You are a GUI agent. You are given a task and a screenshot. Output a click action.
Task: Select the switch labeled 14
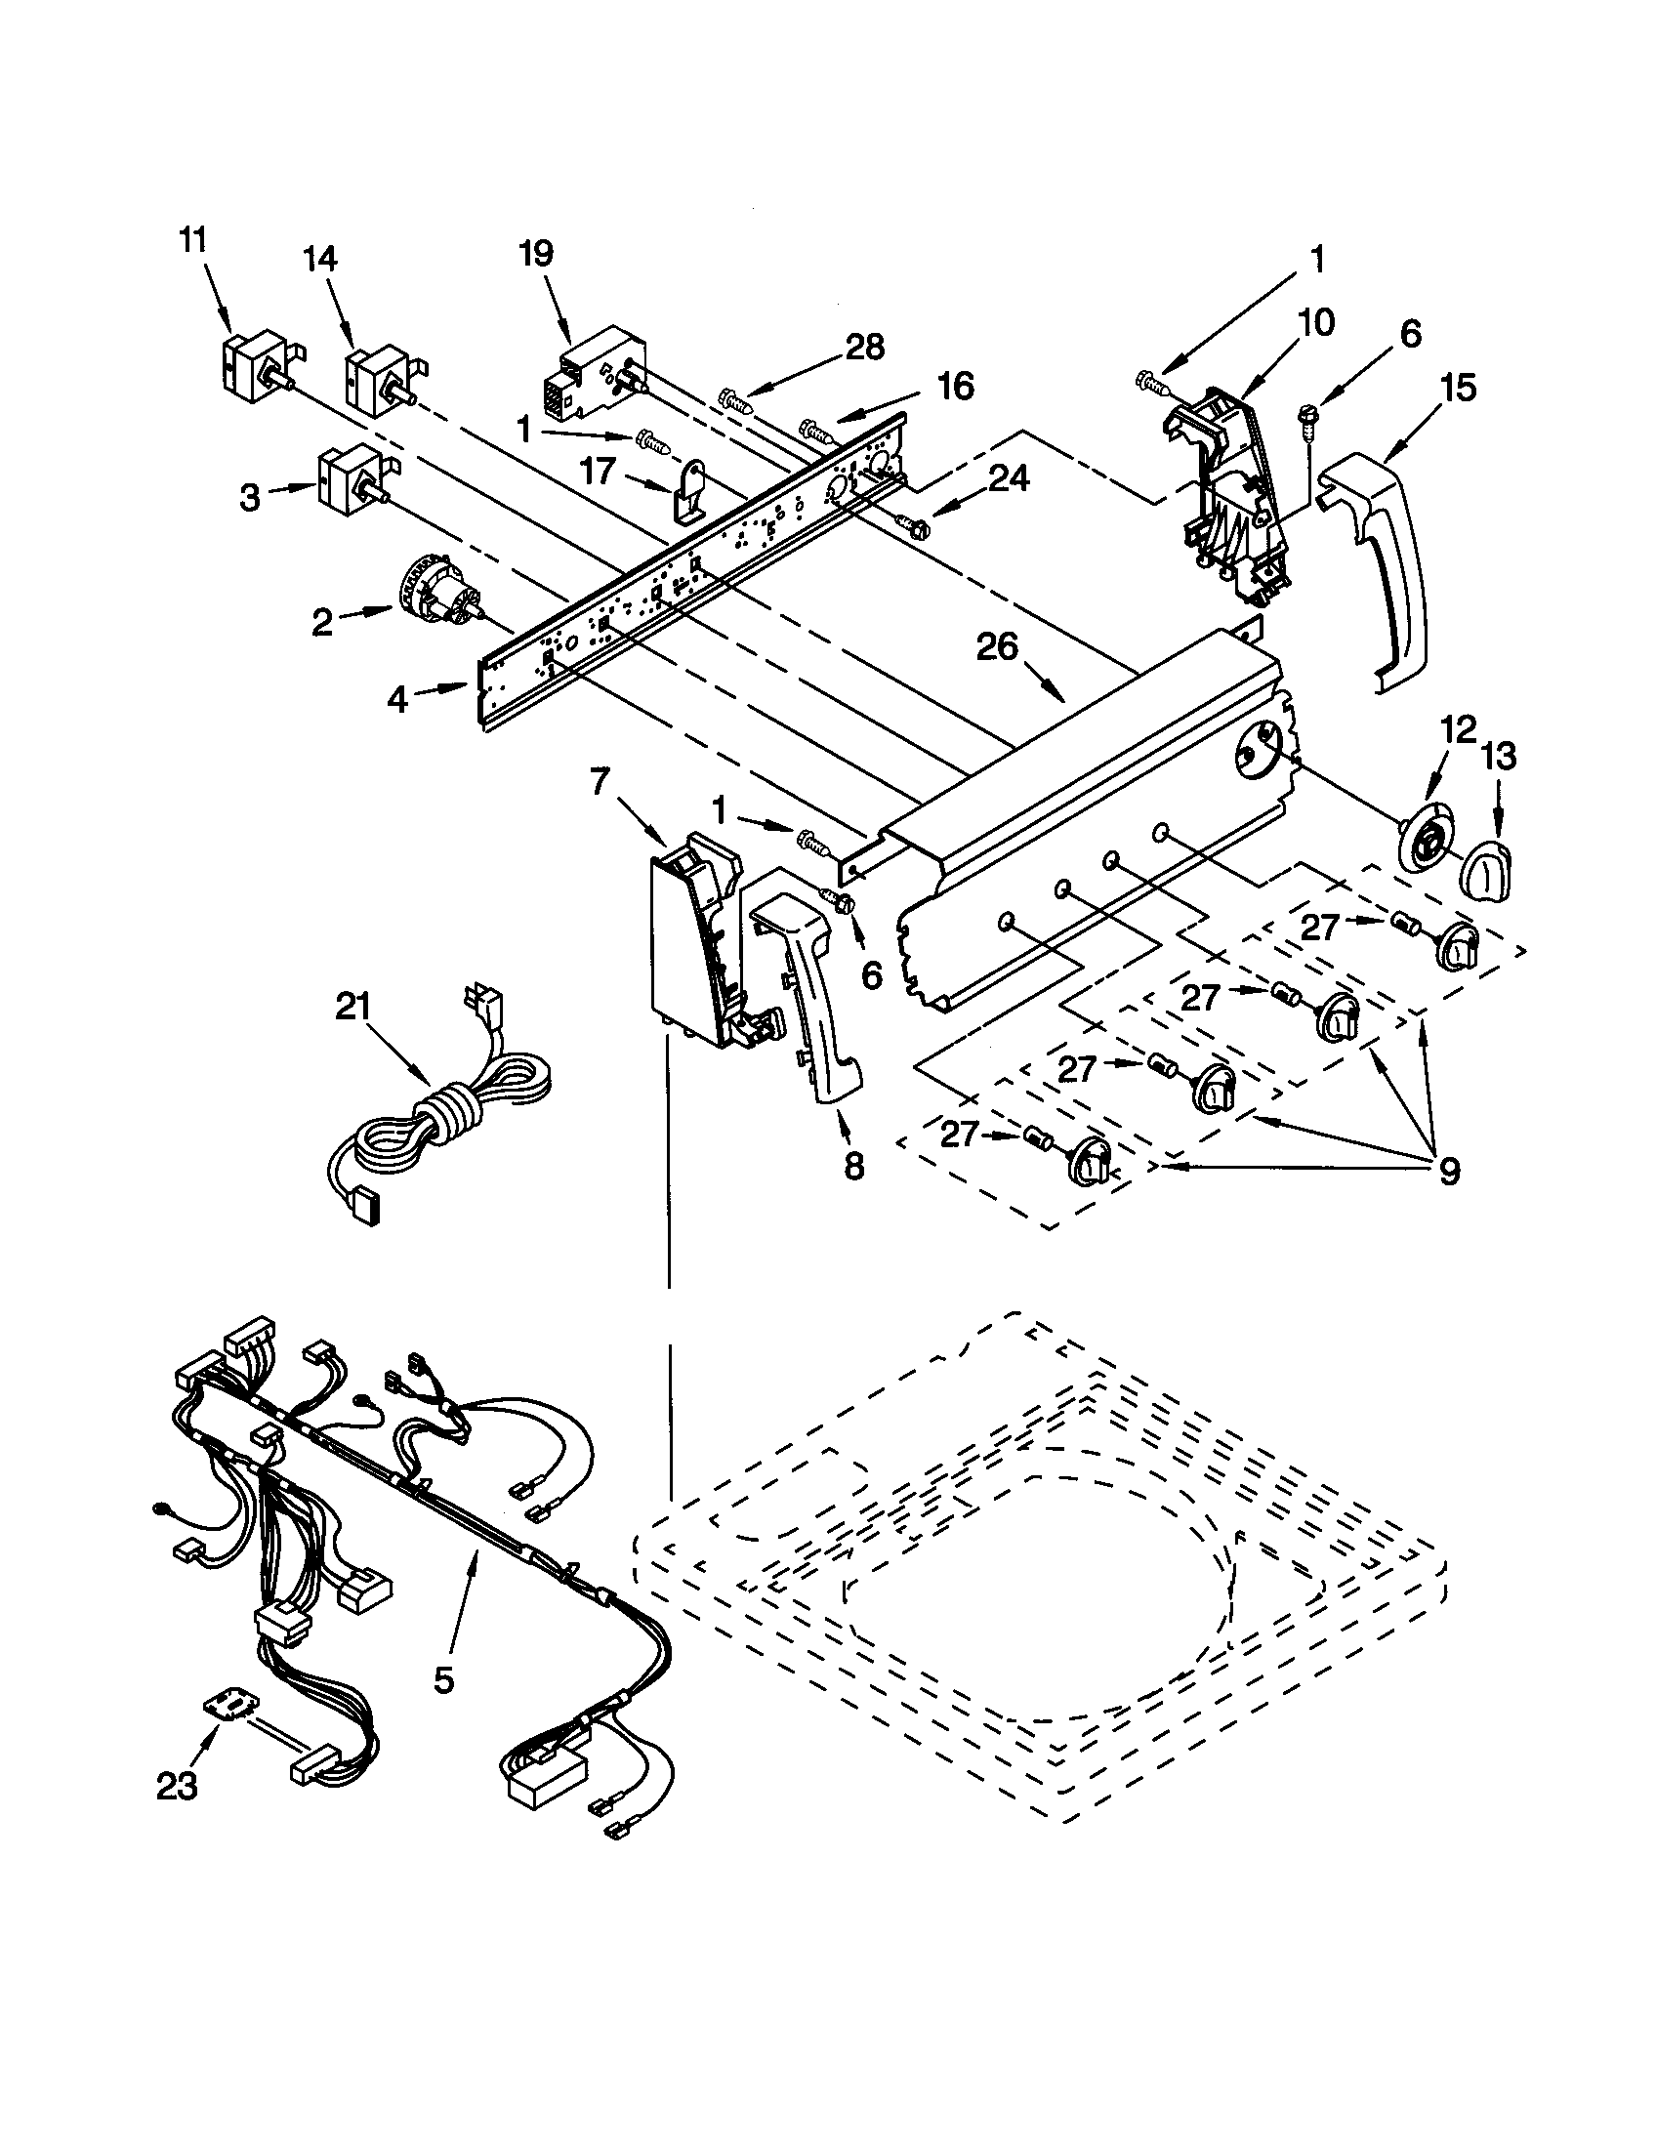(x=377, y=380)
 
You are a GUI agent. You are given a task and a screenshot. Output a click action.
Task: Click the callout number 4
(x=397, y=699)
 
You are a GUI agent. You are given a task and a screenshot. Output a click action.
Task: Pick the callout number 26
(x=997, y=648)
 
